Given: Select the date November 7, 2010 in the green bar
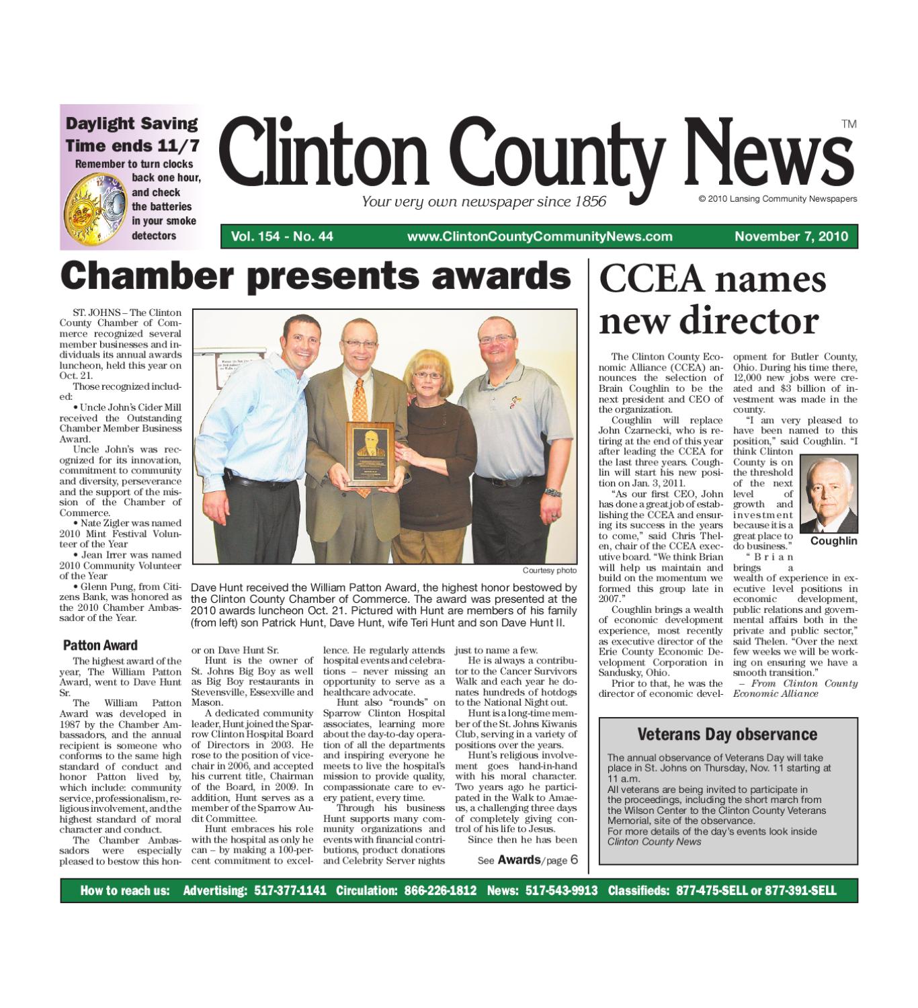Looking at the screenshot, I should pyautogui.click(x=791, y=236).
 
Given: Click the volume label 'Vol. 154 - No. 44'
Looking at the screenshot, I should pyautogui.click(x=282, y=236).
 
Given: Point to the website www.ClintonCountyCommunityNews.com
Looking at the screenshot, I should pyautogui.click(x=539, y=236).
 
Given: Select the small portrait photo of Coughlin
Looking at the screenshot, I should pyautogui.click(x=829, y=493).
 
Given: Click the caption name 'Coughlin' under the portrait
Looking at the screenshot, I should pyautogui.click(x=833, y=541).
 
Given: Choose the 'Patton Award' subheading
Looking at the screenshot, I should pyautogui.click(x=100, y=645).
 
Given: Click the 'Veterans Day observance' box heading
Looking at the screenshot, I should pyautogui.click(x=727, y=734).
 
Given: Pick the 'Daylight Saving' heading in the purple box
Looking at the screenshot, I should pyautogui.click(x=132, y=124).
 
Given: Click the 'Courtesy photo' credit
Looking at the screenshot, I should pyautogui.click(x=549, y=571).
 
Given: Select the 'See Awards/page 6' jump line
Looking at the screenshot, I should pyautogui.click(x=527, y=860).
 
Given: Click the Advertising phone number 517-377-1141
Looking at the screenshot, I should pyautogui.click(x=290, y=890).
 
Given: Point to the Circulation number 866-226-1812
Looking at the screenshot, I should pyautogui.click(x=440, y=890).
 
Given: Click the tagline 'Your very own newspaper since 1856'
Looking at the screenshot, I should pyautogui.click(x=484, y=202).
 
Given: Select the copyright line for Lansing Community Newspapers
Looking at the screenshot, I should pyautogui.click(x=778, y=199).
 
